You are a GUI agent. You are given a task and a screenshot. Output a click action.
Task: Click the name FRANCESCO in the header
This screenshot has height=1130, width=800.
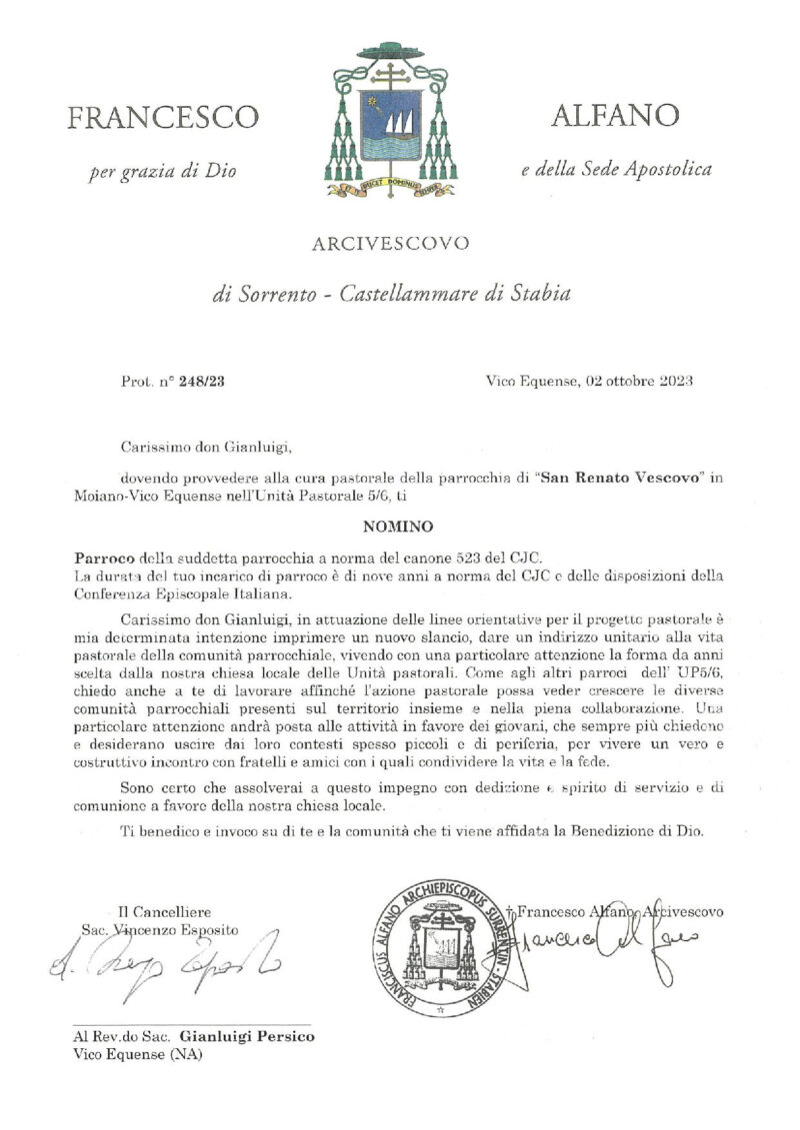point(162,118)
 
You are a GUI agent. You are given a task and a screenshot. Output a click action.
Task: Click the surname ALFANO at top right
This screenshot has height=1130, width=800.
point(615,116)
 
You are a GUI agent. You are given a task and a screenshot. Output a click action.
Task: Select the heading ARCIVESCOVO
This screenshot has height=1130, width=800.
point(390,243)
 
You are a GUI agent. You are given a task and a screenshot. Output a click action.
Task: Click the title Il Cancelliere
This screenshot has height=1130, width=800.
point(164,911)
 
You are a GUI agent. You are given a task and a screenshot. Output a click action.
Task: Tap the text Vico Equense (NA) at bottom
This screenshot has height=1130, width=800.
point(136,1055)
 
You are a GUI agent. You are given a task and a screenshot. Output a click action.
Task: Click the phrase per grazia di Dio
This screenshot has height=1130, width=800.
point(163,171)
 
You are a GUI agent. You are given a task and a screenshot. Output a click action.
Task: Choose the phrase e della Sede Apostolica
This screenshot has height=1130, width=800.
point(617,170)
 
